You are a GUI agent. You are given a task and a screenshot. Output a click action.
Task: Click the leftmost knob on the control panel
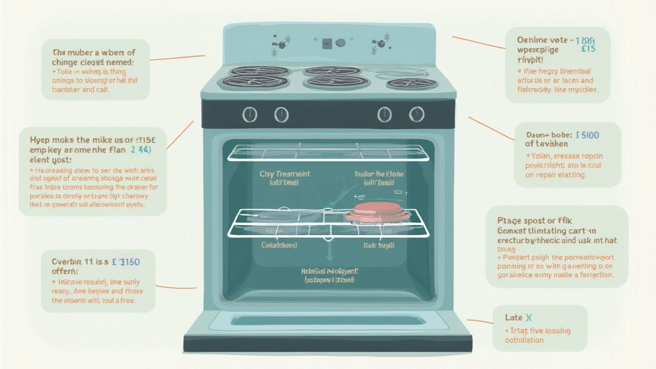250,114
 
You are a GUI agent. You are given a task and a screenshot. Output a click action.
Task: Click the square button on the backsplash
327,44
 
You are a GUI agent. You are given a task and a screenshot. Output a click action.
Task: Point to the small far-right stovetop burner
411,83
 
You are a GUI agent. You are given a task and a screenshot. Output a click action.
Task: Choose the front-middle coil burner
337,81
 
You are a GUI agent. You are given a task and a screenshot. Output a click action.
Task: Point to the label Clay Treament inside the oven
285,174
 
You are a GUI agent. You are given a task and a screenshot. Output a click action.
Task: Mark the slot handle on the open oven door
328,320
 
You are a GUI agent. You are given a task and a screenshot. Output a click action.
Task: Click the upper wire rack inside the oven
328,153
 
